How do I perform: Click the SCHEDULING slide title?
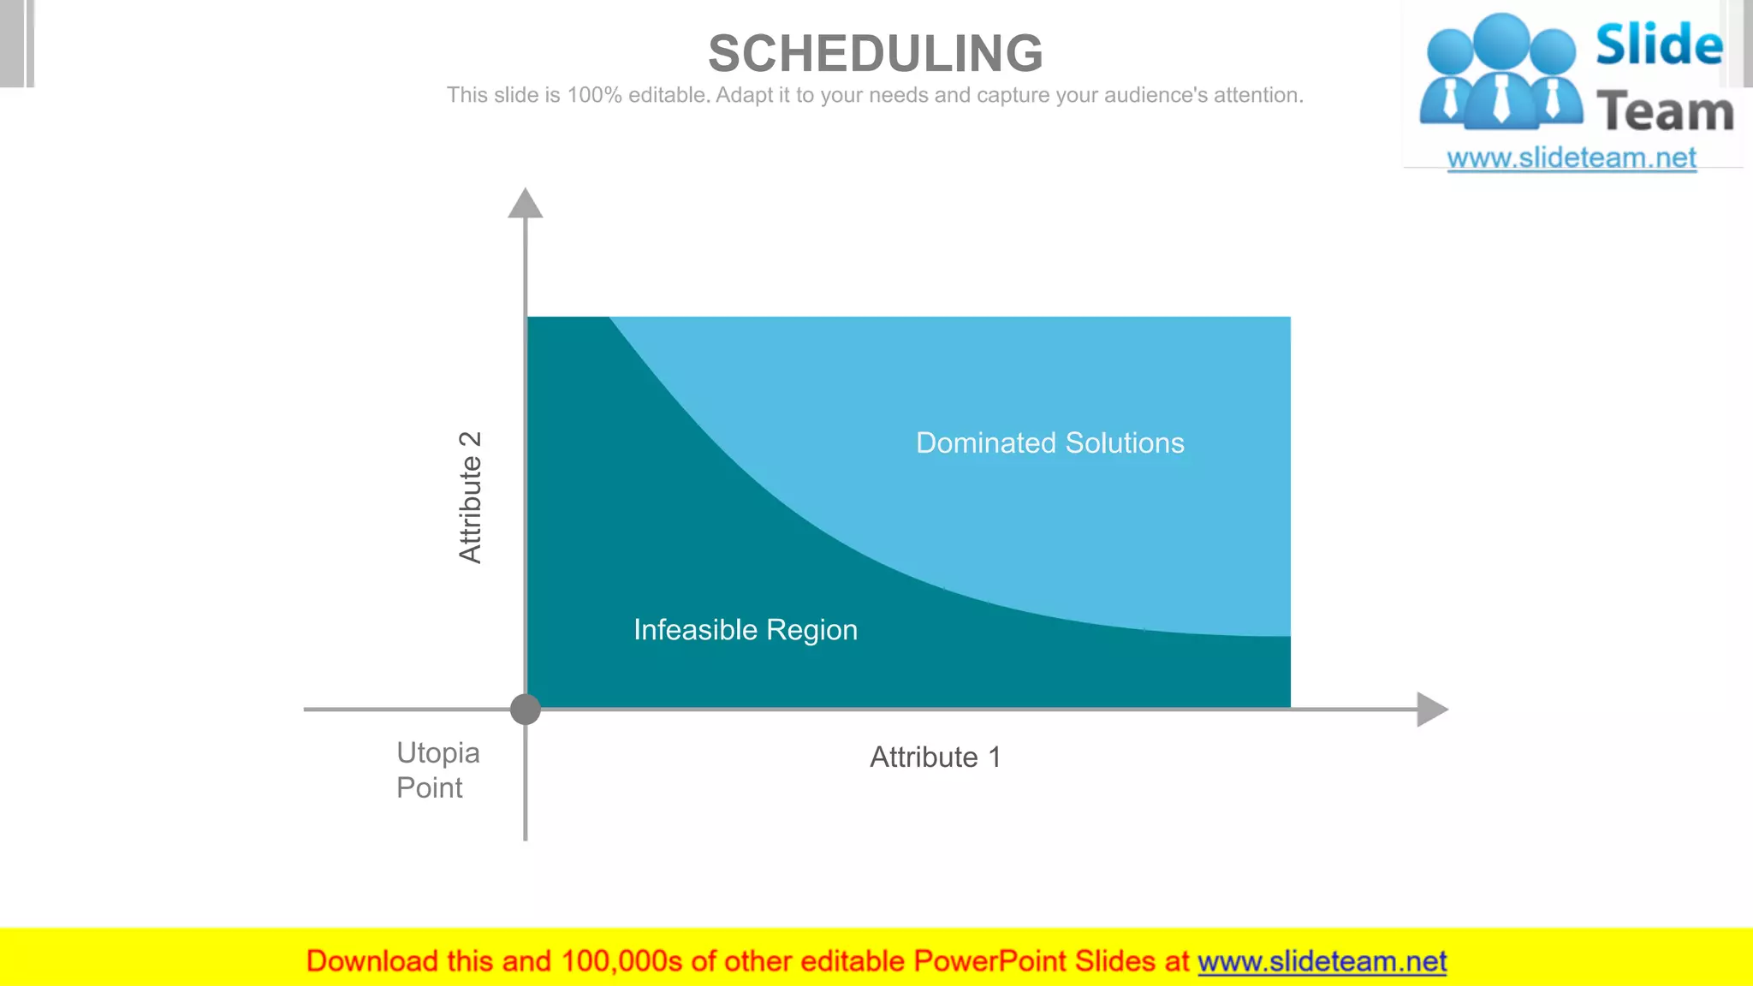pyautogui.click(x=876, y=53)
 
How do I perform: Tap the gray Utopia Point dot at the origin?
pyautogui.click(x=526, y=709)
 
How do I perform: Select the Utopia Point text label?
pyautogui.click(x=437, y=769)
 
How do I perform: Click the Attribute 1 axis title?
pyautogui.click(x=935, y=757)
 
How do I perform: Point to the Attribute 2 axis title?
pyautogui.click(x=471, y=497)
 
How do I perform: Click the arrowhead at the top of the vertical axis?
pyautogui.click(x=526, y=204)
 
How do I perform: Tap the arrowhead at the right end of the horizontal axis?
pyautogui.click(x=1431, y=709)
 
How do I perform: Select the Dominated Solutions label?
pyautogui.click(x=1049, y=443)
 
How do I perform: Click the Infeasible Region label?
pyautogui.click(x=745, y=630)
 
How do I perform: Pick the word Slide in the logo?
pyautogui.click(x=1658, y=45)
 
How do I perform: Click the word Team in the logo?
pyautogui.click(x=1665, y=112)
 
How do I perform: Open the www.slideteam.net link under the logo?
pyautogui.click(x=1571, y=158)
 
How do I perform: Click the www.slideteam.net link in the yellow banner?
pyautogui.click(x=1322, y=961)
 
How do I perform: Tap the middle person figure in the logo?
pyautogui.click(x=1502, y=73)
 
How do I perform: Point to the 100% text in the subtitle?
pyautogui.click(x=594, y=95)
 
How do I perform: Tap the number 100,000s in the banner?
pyautogui.click(x=621, y=961)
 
